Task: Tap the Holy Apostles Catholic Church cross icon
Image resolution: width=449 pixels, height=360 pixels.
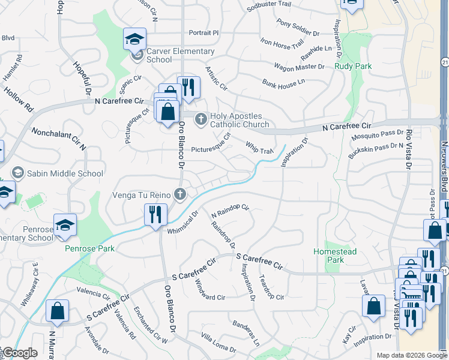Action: pos(200,120)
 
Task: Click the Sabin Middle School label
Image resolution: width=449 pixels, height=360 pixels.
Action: pos(65,174)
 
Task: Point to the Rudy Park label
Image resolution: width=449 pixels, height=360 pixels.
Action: pos(353,66)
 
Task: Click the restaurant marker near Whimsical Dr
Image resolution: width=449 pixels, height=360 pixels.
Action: pos(155,215)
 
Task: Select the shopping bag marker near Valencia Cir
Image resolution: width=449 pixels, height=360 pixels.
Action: pos(57,311)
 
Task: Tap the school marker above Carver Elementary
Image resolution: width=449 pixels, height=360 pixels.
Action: pos(134,40)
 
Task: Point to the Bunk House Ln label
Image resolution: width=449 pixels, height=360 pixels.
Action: pos(283,82)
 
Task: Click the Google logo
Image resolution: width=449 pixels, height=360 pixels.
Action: pos(20,353)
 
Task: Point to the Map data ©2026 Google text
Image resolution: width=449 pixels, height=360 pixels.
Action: pos(403,355)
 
